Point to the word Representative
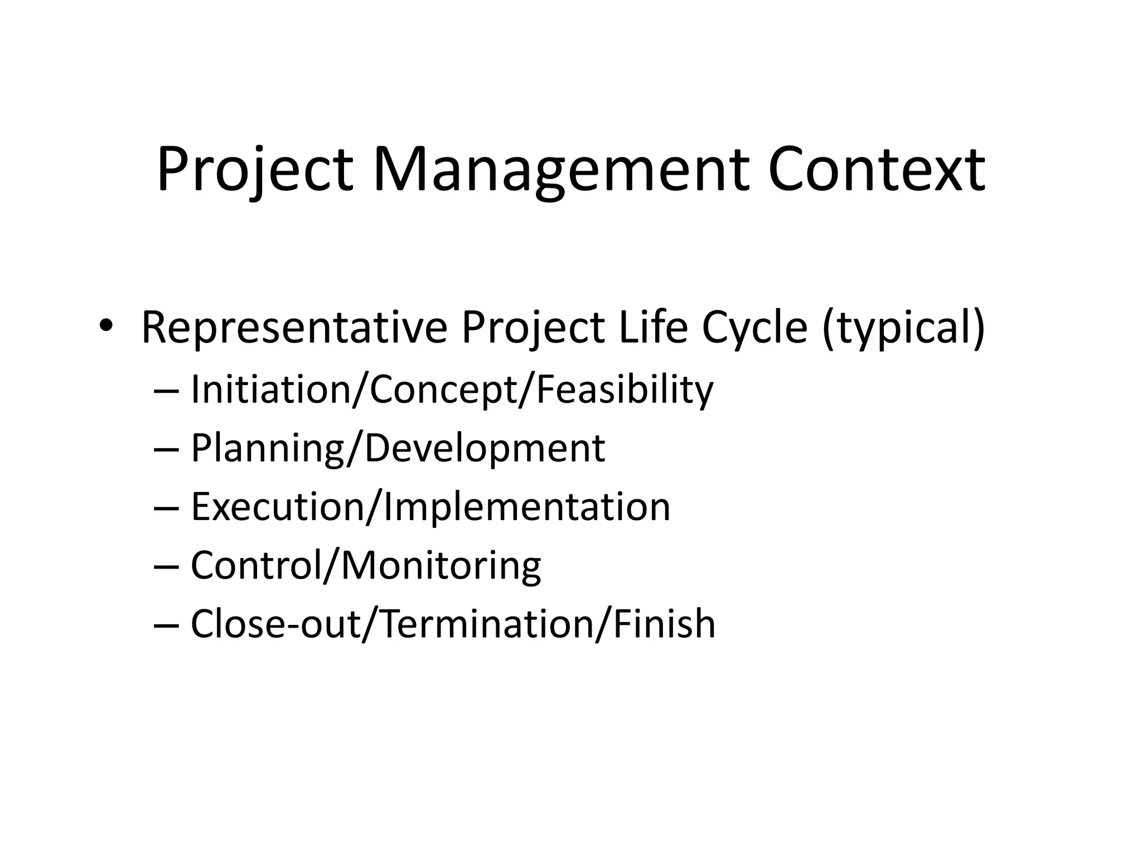(x=294, y=328)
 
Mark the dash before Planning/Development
(x=166, y=449)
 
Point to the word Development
(x=485, y=449)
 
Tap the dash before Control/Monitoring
(x=166, y=566)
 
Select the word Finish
(x=664, y=623)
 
